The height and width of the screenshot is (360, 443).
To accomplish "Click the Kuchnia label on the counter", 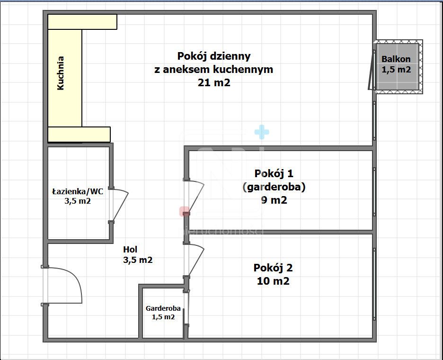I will [x=61, y=73].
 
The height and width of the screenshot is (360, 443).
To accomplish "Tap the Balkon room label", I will [x=396, y=59].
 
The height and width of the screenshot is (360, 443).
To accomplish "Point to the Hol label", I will [x=131, y=250].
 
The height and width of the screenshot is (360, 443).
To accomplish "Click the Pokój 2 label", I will [x=273, y=268].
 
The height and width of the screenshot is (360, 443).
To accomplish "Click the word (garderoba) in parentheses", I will [x=274, y=187].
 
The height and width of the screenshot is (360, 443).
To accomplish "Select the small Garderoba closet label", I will [x=163, y=308].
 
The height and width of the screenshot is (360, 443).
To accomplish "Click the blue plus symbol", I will [x=261, y=132].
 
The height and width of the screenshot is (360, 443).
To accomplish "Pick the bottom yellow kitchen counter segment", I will [x=80, y=135].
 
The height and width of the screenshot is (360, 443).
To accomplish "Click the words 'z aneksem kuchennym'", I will [x=214, y=69].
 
